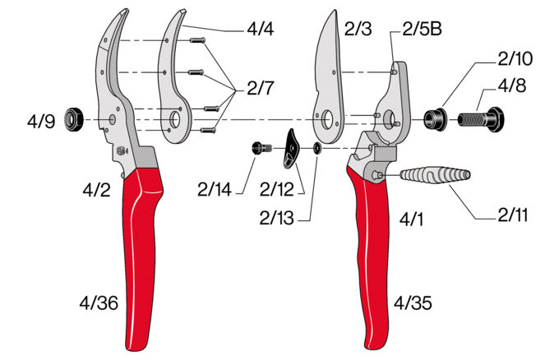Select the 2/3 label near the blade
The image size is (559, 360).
click(359, 29)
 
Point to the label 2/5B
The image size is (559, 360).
click(424, 29)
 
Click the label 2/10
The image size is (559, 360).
click(515, 59)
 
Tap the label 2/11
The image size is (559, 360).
click(513, 217)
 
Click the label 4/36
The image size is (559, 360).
click(101, 305)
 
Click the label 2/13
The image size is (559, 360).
click(279, 219)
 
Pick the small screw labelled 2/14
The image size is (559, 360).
click(261, 148)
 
